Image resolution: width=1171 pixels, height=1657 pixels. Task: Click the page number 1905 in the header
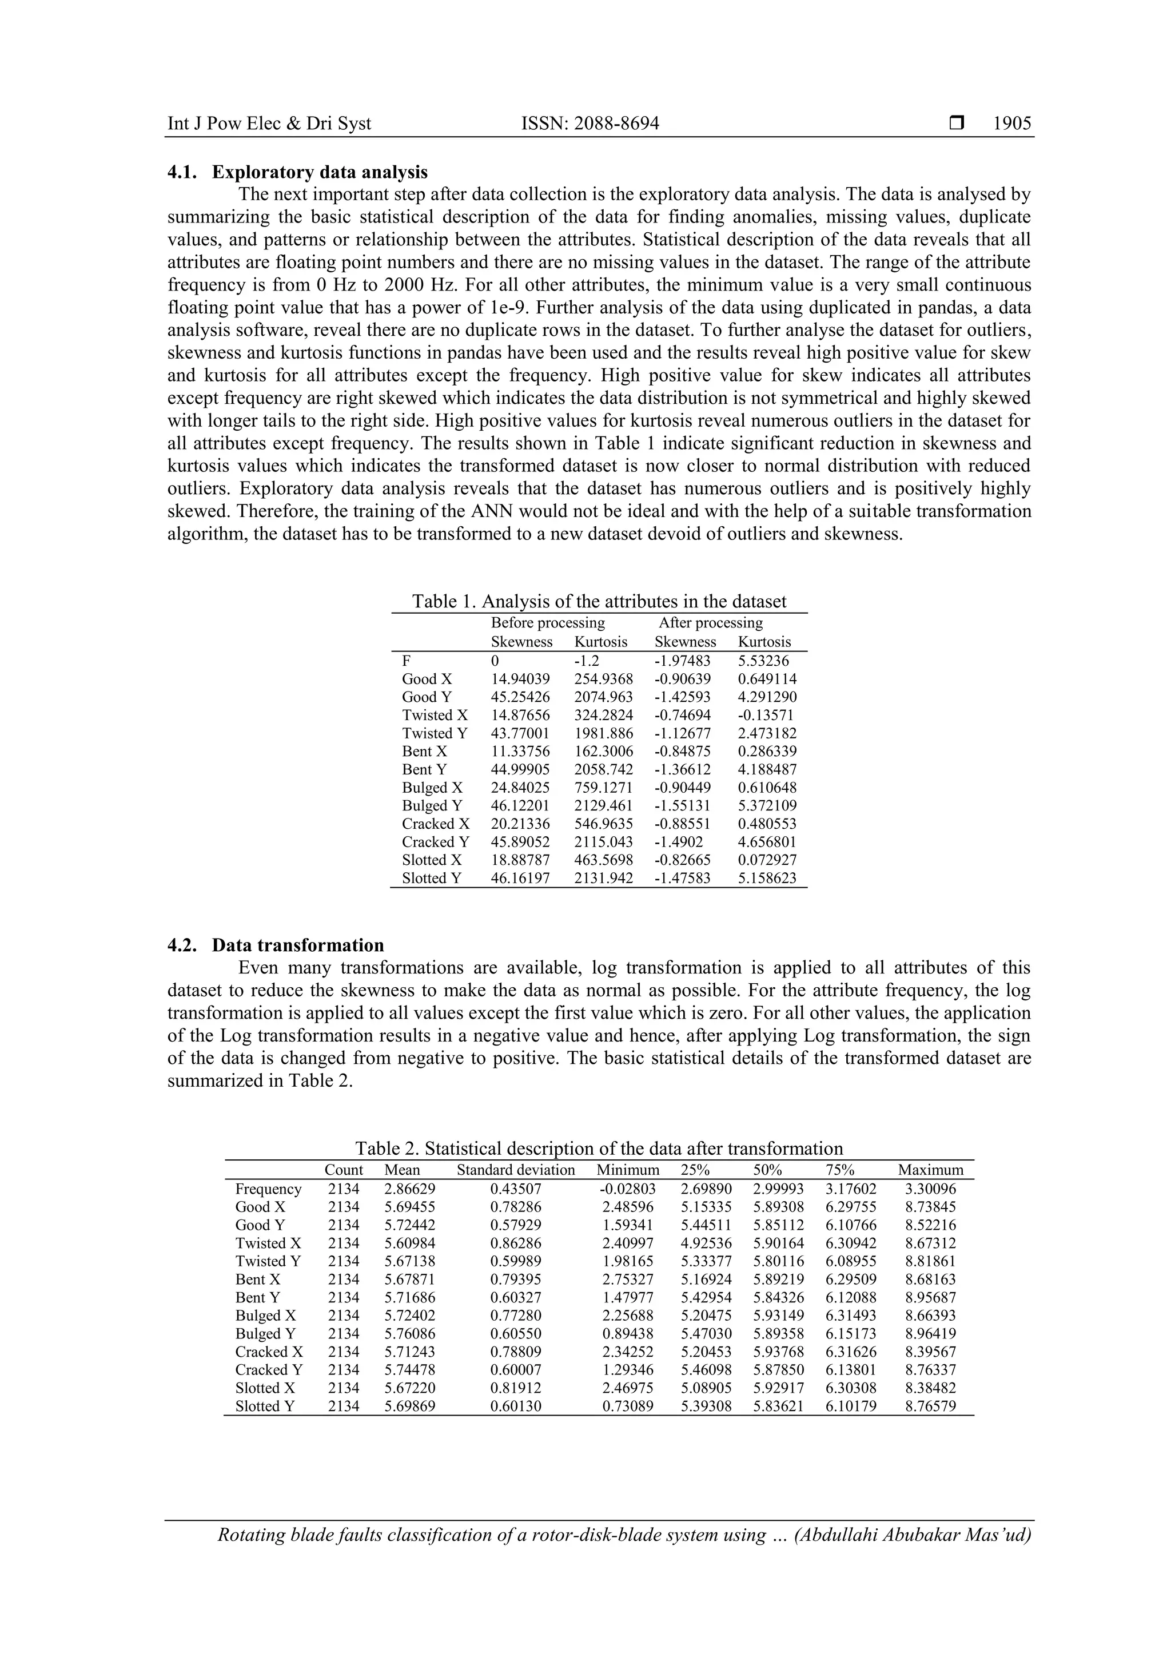[1011, 124]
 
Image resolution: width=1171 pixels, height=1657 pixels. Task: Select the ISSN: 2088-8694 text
[590, 124]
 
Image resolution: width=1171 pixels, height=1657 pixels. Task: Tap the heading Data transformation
[297, 945]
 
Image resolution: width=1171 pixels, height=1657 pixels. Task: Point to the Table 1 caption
[599, 601]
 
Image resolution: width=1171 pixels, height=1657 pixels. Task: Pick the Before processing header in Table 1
[548, 622]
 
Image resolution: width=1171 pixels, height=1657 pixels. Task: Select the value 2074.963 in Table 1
[603, 697]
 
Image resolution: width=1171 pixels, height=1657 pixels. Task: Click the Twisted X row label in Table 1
[435, 715]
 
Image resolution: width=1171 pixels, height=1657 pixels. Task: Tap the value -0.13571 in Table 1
[763, 715]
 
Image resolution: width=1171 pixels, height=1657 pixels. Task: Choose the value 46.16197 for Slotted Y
[520, 879]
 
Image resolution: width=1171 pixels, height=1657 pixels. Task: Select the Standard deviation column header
[516, 1170]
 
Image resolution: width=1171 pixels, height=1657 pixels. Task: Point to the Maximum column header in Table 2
[930, 1170]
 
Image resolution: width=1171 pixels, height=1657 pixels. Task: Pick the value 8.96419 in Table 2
[930, 1334]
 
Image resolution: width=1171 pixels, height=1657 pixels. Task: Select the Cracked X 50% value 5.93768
[778, 1352]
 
